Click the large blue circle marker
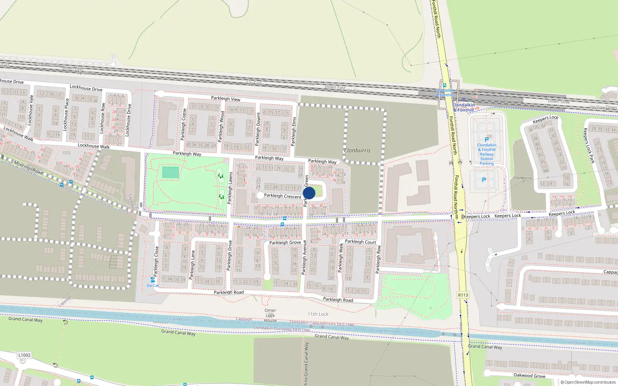(309, 193)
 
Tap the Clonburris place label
(357, 150)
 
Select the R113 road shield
(463, 295)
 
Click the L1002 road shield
(24, 355)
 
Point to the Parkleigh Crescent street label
(282, 196)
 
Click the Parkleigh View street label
(226, 99)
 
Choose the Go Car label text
(153, 286)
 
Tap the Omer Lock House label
(270, 315)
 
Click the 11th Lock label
(318, 314)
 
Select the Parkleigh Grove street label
(285, 242)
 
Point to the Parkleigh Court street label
(360, 242)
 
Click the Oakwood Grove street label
(529, 376)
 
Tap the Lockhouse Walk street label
(93, 146)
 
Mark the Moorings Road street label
(28, 167)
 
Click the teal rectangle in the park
(170, 172)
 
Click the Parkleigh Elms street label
(294, 131)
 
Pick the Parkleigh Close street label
(156, 261)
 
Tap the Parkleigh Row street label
(378, 259)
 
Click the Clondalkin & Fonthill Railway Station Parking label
(487, 154)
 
